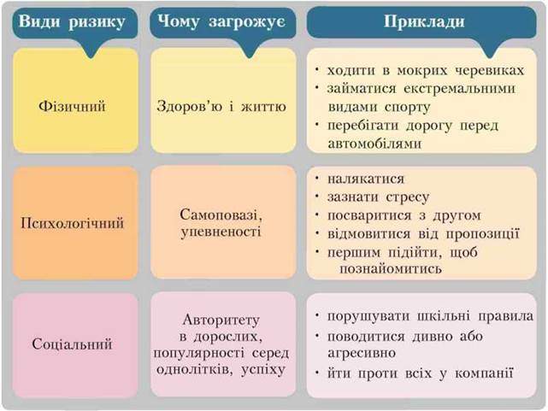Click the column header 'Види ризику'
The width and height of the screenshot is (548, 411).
point(72,22)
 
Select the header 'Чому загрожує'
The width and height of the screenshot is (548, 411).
point(221,22)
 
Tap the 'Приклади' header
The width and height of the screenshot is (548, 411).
point(424,21)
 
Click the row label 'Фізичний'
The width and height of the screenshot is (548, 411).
point(72,106)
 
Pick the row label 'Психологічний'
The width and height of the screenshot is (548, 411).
point(72,223)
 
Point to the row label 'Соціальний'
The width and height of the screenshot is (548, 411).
point(72,344)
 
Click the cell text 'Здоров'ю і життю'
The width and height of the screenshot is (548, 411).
point(221,106)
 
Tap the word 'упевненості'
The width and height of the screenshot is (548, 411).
point(221,232)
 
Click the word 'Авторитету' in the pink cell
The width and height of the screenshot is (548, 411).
point(221,320)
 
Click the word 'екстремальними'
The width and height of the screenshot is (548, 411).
point(460,88)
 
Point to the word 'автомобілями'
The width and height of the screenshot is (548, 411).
point(374,144)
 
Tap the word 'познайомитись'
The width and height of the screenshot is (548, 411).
point(391,268)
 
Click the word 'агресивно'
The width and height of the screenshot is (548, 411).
point(362,353)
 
